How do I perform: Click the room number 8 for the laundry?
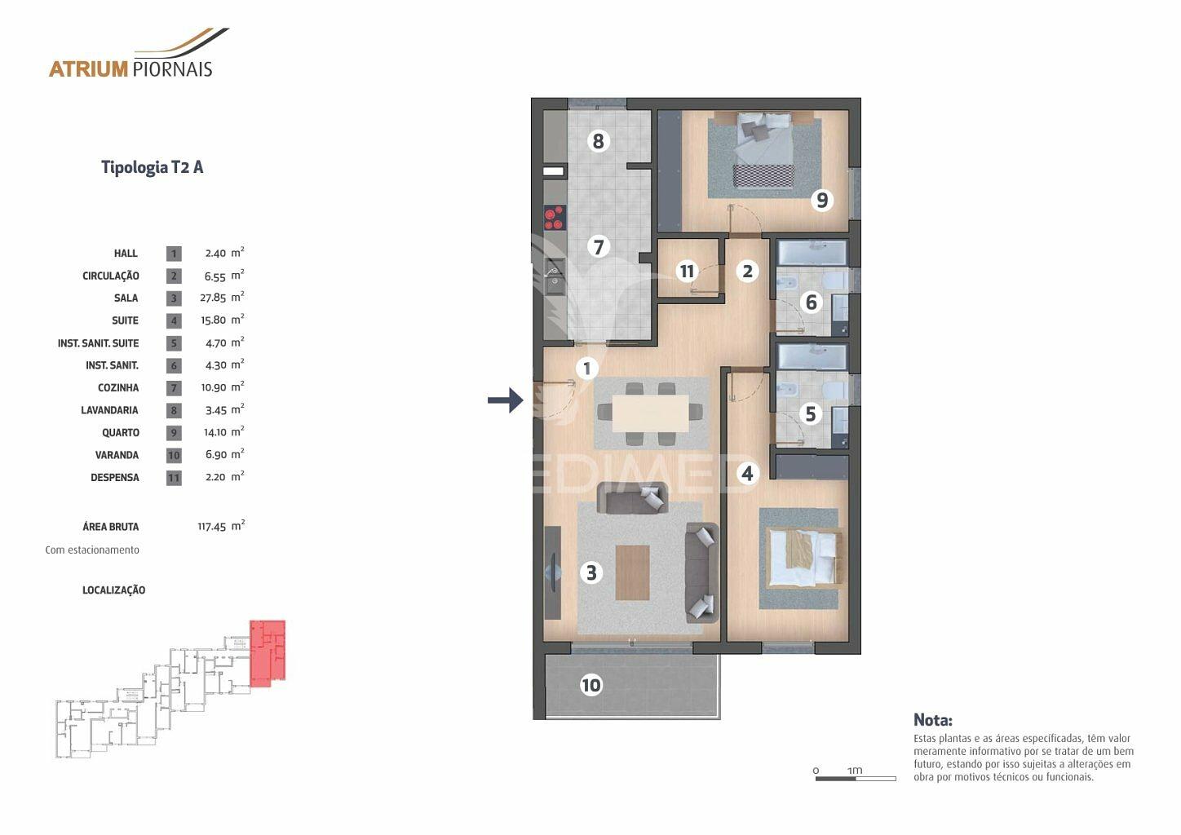(598, 141)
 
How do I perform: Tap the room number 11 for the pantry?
(687, 271)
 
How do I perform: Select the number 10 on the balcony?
(590, 685)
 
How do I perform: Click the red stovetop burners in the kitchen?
(555, 218)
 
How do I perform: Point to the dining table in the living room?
(651, 413)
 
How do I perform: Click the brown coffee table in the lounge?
(632, 572)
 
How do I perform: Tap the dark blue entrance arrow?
(505, 400)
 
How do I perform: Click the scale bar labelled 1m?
(856, 778)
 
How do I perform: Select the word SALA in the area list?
(126, 298)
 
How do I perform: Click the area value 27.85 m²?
(222, 298)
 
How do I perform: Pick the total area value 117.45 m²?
(221, 526)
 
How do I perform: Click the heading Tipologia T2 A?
(152, 167)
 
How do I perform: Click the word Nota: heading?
(933, 719)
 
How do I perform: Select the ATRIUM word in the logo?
(89, 69)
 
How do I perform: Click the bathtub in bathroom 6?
(812, 253)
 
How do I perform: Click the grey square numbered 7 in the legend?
(174, 388)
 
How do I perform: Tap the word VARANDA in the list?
(117, 455)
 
